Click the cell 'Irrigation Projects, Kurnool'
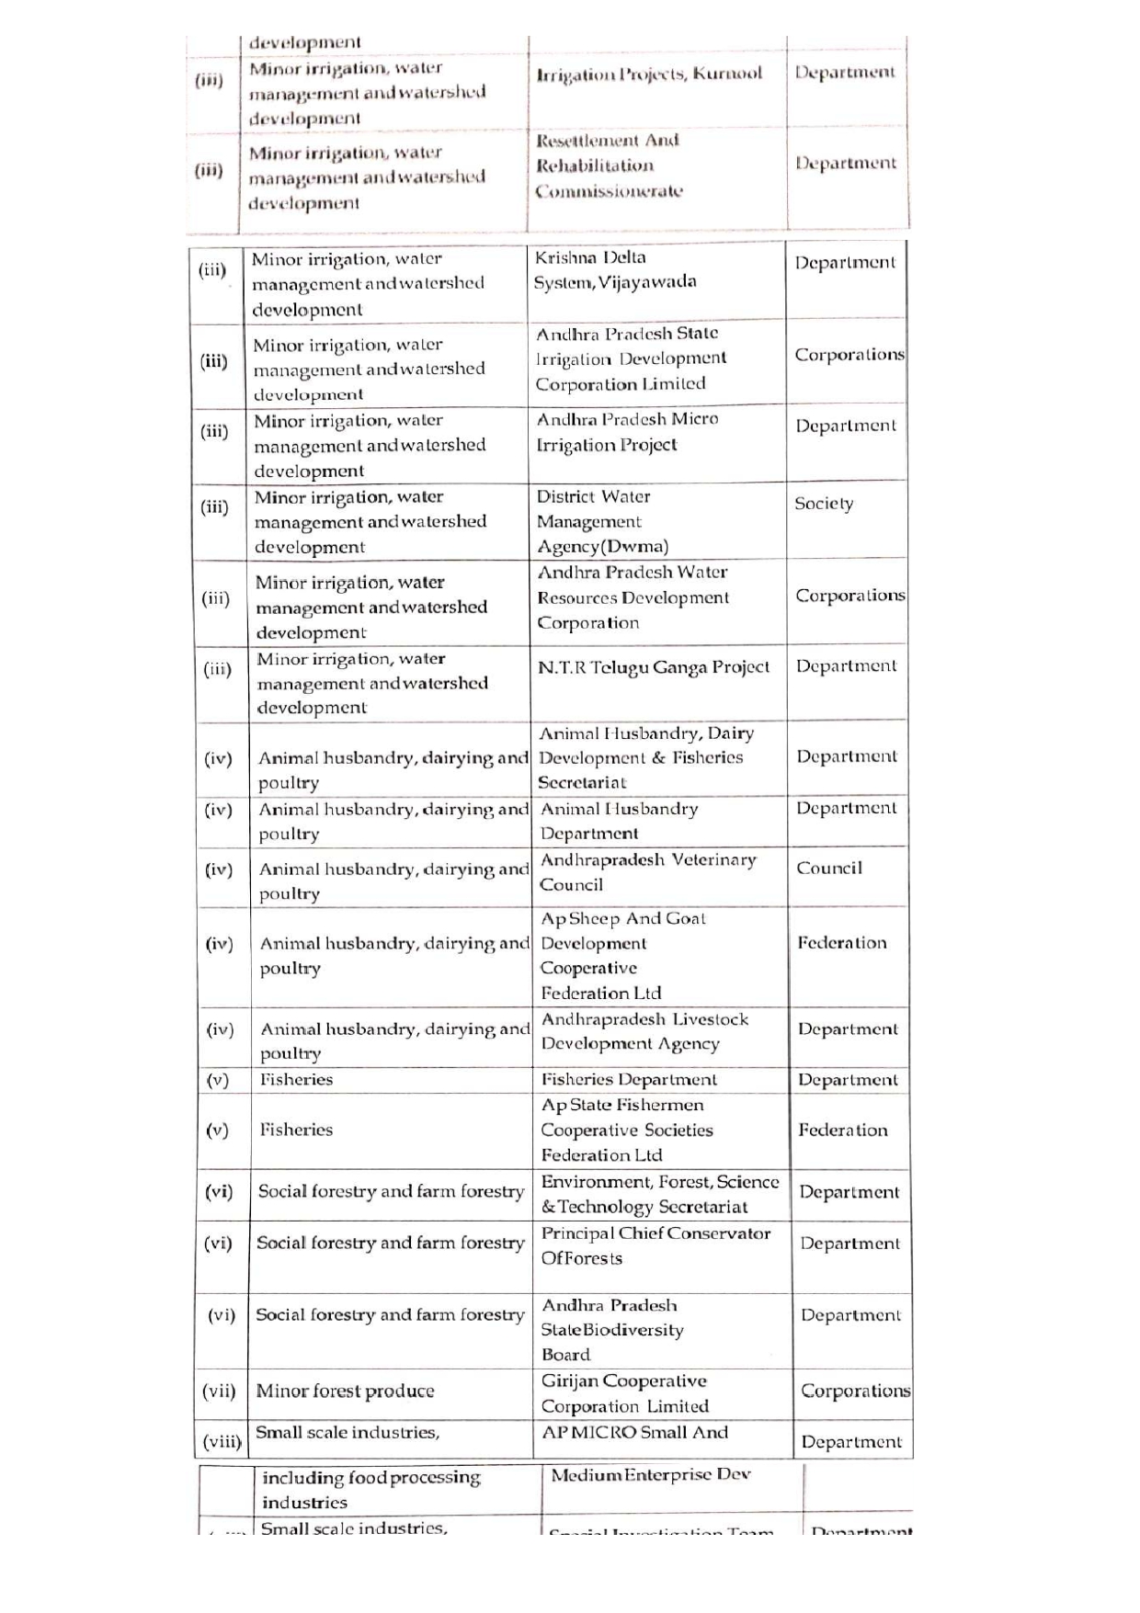649,74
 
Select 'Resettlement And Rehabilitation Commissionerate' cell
609,165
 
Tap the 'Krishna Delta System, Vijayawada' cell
615,269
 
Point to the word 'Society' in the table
824,504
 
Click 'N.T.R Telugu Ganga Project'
654,667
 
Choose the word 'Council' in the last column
829,869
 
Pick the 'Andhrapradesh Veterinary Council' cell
648,872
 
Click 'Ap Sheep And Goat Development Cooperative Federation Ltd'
623,956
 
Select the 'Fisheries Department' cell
629,1080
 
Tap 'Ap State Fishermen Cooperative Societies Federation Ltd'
627,1130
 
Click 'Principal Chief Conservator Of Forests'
655,1245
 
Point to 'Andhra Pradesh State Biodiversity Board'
612,1330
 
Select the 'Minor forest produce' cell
345,1391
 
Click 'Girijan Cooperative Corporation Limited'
625,1393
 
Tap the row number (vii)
219,1391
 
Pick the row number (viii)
222,1442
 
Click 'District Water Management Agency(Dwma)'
602,521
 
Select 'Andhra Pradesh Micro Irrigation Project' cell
627,432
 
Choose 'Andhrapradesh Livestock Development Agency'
644,1031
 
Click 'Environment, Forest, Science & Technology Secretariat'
659,1194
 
